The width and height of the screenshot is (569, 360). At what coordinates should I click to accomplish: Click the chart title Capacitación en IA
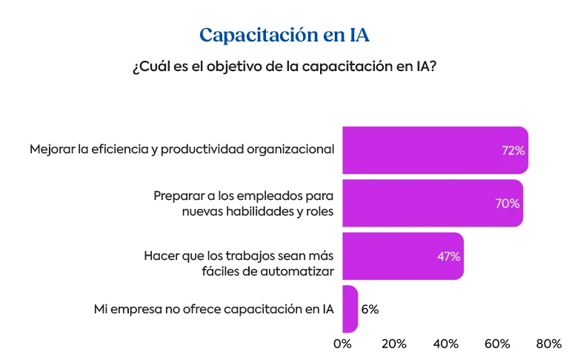(x=284, y=35)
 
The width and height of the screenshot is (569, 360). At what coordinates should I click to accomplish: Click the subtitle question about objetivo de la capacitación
(x=284, y=67)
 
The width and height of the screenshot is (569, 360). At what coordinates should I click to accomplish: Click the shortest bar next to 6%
(x=350, y=309)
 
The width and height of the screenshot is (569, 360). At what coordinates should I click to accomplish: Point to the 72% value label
(x=513, y=150)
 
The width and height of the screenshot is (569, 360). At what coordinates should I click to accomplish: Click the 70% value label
(x=508, y=204)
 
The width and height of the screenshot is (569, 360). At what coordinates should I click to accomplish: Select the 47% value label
(x=448, y=257)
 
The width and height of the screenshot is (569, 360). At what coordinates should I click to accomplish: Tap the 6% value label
(x=370, y=310)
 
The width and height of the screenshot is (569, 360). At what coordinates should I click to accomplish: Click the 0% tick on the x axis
(x=342, y=344)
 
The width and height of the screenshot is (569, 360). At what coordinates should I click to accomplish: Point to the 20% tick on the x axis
(x=394, y=344)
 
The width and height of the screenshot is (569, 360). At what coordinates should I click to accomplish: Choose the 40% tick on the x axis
(x=446, y=344)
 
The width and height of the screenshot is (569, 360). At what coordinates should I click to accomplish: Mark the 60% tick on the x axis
(x=497, y=344)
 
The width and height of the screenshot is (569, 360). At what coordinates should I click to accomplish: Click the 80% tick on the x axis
(x=549, y=344)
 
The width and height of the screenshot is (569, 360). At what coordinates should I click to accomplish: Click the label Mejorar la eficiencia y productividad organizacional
(x=182, y=150)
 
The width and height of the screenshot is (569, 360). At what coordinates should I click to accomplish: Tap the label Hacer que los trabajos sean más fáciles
(x=239, y=256)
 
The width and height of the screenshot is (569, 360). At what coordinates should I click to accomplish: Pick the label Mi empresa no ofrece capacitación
(x=213, y=309)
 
